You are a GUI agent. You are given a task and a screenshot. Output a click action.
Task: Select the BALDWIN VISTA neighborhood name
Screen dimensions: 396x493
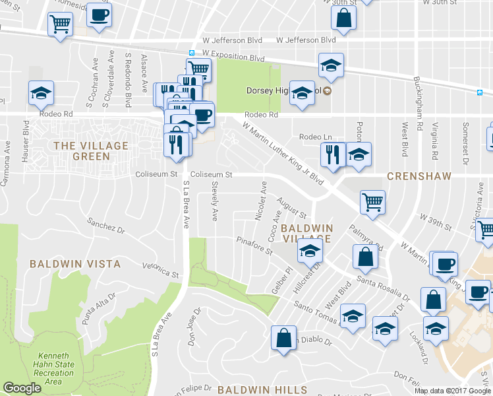click(x=75, y=263)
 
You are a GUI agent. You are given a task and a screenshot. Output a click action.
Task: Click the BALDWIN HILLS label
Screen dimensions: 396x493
click(x=254, y=389)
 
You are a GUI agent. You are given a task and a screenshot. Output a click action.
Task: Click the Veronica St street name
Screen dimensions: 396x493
click(x=160, y=269)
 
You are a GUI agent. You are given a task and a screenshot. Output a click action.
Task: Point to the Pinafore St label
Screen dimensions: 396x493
click(x=254, y=247)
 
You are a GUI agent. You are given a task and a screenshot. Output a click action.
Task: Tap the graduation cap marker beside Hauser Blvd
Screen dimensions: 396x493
click(x=41, y=92)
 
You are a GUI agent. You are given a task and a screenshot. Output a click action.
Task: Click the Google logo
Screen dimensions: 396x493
click(x=22, y=388)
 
